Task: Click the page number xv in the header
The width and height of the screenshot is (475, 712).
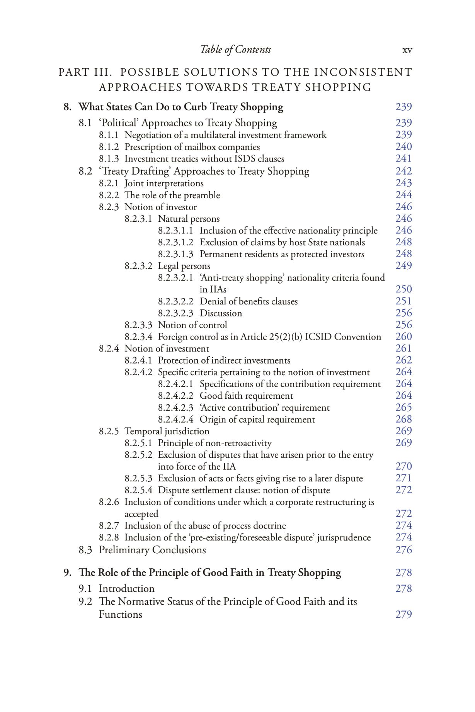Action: point(407,50)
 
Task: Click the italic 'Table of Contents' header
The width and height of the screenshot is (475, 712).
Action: point(235,49)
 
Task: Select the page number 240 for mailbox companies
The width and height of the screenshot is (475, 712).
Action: point(403,146)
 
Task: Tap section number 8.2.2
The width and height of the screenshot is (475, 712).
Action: point(109,195)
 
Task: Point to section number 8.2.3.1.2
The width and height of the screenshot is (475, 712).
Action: point(175,242)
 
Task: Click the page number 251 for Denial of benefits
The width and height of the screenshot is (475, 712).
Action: point(403,301)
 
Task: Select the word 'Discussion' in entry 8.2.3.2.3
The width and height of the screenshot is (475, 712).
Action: point(221,313)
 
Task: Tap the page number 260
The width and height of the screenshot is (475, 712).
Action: point(403,336)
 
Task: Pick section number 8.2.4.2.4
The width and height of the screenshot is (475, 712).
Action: point(175,419)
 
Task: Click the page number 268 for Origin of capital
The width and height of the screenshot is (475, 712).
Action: point(403,419)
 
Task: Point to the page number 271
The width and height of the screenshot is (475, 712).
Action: point(403,478)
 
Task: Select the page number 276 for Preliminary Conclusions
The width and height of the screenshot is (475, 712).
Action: point(403,550)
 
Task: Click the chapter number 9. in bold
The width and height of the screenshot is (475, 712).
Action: point(68,573)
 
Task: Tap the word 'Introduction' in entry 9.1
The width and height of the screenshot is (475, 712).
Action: point(126,588)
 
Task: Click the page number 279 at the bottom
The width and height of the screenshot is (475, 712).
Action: point(403,614)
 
